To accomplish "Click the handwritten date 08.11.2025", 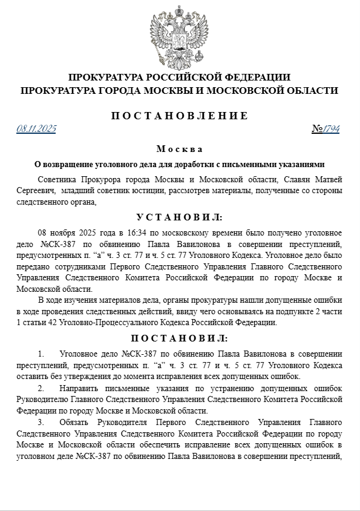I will [x=36, y=128].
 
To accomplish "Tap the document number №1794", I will [x=326, y=128].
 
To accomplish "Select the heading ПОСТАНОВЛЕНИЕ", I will [x=180, y=116].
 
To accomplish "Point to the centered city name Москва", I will [x=179, y=149].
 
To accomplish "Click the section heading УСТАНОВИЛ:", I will [x=180, y=217].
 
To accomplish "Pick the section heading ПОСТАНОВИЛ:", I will [x=180, y=338].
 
